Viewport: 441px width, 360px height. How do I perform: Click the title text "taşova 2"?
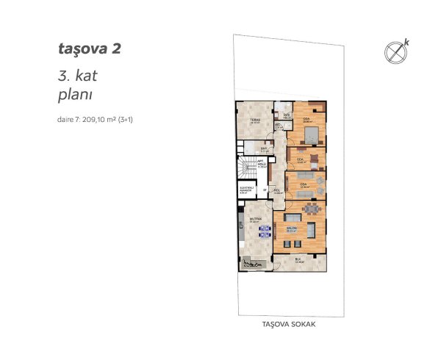[x=88, y=49]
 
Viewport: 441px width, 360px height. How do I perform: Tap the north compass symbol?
[x=395, y=52]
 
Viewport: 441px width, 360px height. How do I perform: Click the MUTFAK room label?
[x=255, y=218]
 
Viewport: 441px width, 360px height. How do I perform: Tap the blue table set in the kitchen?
[x=264, y=231]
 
